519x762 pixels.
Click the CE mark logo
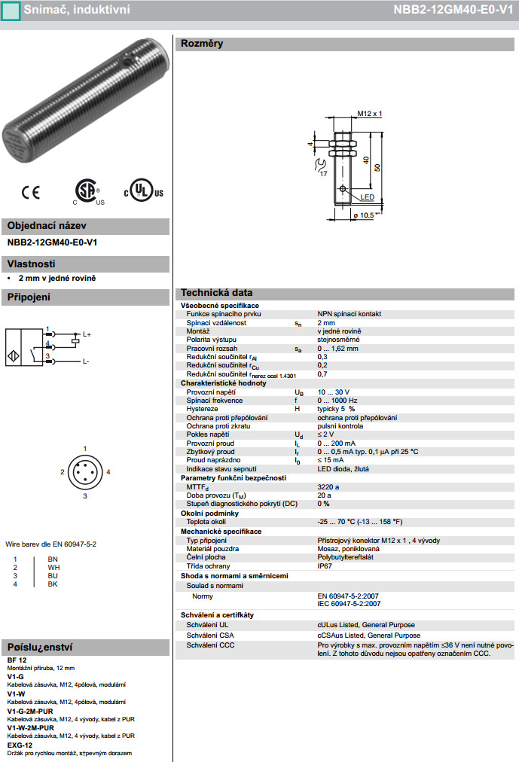pyautogui.click(x=31, y=194)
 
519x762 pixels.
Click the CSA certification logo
pyautogui.click(x=87, y=192)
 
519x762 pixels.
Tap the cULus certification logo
pyautogui.click(x=143, y=192)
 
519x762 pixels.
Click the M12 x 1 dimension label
pyautogui.click(x=369, y=114)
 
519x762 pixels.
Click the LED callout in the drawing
pyautogui.click(x=368, y=197)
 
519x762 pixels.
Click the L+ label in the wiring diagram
pyautogui.click(x=87, y=334)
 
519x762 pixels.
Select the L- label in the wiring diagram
pyautogui.click(x=86, y=361)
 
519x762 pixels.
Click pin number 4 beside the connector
pyautogui.click(x=108, y=472)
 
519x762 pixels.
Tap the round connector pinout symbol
pyautogui.click(x=84, y=473)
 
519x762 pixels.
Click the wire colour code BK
pyautogui.click(x=53, y=584)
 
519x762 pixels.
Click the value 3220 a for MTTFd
pyautogui.click(x=328, y=487)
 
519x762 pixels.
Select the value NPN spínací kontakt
pyautogui.click(x=349, y=313)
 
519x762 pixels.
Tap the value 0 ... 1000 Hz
pyautogui.click(x=337, y=401)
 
